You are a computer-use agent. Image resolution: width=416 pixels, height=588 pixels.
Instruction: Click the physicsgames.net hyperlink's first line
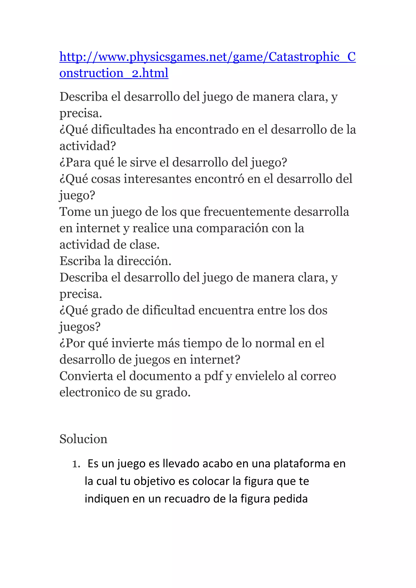click(x=207, y=57)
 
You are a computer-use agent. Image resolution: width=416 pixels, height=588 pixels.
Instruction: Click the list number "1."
click(x=76, y=464)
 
